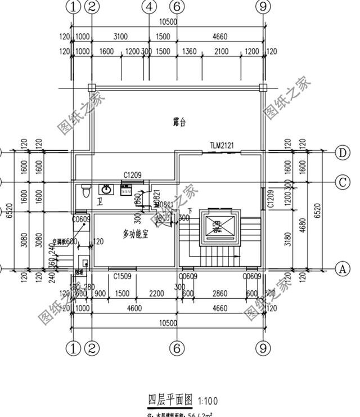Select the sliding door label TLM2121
(x=222, y=146)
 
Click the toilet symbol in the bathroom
(x=85, y=192)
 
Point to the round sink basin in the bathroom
(x=106, y=190)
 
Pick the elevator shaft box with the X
(x=217, y=227)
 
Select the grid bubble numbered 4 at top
(x=148, y=7)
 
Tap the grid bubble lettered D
(x=342, y=153)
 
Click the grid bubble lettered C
(x=342, y=182)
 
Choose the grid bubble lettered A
(x=342, y=269)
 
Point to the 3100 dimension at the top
(x=120, y=37)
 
